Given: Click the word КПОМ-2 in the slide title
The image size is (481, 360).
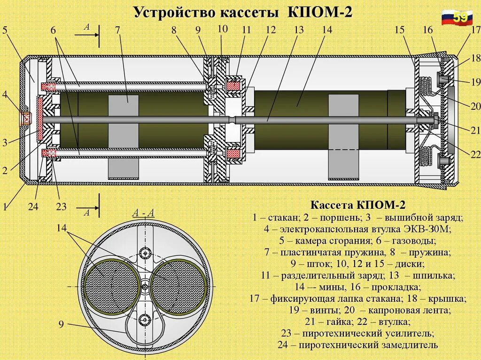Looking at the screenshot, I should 319,12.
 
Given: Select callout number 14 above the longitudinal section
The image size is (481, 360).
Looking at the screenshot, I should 327,30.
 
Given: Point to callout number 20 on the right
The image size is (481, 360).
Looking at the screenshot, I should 475,106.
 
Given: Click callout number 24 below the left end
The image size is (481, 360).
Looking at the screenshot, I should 33,207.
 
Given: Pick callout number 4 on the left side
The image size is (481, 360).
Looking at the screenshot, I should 5,94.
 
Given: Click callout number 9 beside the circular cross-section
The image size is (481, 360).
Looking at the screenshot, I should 62,324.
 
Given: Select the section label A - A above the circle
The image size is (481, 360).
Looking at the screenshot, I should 143,213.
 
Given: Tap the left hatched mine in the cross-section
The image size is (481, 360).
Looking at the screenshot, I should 111,285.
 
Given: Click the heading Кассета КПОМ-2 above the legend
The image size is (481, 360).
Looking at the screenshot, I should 357,205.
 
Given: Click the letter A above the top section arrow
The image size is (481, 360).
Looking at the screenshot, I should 87,27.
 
